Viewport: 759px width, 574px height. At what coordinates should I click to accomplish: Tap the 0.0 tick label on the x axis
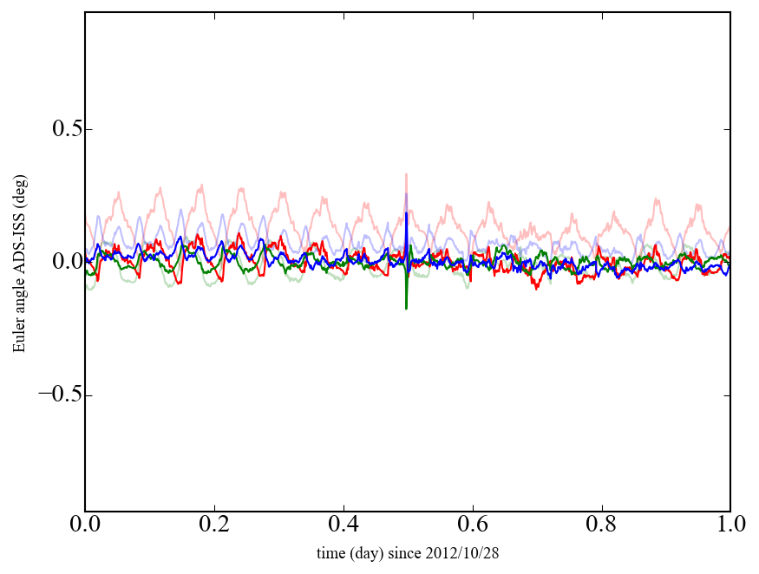coord(85,525)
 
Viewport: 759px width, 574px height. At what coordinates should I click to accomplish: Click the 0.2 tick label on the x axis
coord(214,525)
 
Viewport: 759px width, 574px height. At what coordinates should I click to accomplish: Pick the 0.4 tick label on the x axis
coord(344,525)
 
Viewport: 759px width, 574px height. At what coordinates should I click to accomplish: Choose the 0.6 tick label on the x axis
coord(473,525)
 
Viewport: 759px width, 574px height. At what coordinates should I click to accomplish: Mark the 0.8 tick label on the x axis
coord(601,525)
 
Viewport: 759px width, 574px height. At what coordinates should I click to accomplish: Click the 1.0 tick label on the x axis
coord(730,525)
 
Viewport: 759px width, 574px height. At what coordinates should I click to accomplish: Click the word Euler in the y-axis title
coord(19,335)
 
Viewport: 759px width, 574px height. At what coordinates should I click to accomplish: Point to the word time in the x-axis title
coord(330,553)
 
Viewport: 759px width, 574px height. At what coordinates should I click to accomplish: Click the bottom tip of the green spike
coord(406,308)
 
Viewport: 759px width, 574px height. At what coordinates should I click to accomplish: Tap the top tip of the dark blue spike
coord(407,213)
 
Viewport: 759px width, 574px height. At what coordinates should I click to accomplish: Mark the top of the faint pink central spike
coord(406,174)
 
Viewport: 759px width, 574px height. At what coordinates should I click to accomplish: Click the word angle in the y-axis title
coord(19,298)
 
